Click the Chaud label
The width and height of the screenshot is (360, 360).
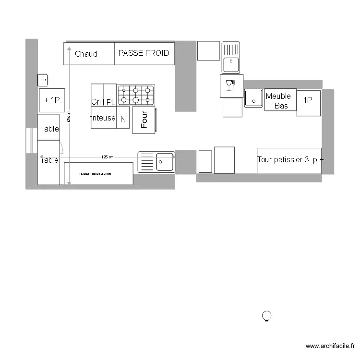coord(86,54)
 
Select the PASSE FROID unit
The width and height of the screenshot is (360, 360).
coord(144,53)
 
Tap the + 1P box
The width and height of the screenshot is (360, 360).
coord(51,100)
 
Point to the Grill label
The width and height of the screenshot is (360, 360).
coord(98,102)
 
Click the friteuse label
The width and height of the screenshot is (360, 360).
coord(103,118)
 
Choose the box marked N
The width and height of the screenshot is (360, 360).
coord(123,120)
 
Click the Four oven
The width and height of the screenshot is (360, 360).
coord(144,120)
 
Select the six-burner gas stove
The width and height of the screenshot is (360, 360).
coord(136,95)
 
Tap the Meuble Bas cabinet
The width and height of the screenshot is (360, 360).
coord(280,100)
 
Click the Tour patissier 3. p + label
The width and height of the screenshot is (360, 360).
coord(289,160)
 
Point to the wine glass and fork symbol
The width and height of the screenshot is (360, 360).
coord(230,85)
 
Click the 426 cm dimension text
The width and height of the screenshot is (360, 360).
coord(108,157)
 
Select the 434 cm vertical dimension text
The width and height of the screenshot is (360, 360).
coord(69,116)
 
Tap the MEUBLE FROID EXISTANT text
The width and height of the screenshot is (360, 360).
coord(96,173)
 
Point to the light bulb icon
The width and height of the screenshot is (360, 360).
coord(266,316)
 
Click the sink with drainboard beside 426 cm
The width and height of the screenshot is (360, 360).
coord(156,162)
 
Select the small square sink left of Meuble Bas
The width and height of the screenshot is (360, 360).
coord(253,98)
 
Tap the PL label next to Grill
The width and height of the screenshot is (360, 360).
coord(110,102)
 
